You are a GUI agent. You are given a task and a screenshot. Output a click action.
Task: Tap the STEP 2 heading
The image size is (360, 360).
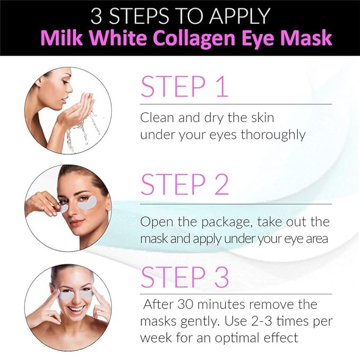click(184, 184)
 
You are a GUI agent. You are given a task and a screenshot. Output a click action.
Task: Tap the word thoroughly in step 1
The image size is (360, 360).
click(273, 135)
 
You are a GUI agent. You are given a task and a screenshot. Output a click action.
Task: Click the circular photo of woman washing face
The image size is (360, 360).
click(68, 111)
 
